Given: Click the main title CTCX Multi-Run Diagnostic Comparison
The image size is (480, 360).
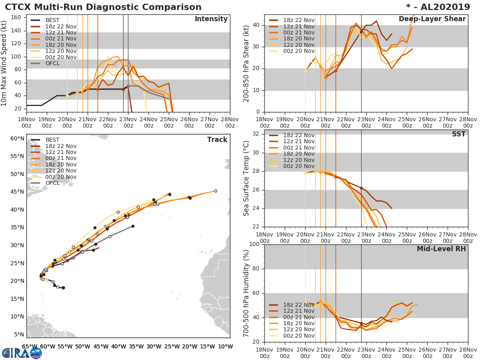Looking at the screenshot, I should pos(103,7).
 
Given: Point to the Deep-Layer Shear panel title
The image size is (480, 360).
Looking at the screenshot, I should pos(432,19).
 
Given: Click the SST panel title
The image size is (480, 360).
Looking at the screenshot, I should pos(458,134).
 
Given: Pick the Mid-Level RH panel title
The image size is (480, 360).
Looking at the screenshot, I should pos(441,249).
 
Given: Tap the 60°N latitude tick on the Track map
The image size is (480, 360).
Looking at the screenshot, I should pos(17,138).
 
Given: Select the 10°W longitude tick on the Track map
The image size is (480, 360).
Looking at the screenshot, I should pos(226,346).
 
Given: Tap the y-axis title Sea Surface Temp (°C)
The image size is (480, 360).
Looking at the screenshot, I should pos(246,178).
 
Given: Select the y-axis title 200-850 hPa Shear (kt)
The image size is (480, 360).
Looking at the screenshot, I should pos(246,63).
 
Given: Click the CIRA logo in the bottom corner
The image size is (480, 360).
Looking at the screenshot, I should pos(22,353).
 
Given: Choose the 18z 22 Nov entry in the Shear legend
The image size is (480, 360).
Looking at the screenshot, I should pos(298,20).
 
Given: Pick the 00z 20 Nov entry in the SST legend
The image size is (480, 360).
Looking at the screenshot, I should pos(298,166).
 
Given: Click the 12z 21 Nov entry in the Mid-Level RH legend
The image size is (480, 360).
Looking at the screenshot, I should pos(298,311).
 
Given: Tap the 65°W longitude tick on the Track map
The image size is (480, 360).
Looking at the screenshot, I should pos(29,346).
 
